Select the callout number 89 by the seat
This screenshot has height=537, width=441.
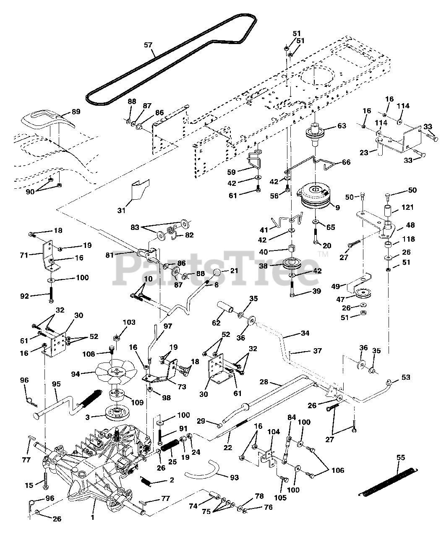pyautogui.click(x=76, y=112)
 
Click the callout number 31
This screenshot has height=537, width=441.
pyautogui.click(x=121, y=211)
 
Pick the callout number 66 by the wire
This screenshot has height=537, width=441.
pyautogui.click(x=346, y=162)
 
